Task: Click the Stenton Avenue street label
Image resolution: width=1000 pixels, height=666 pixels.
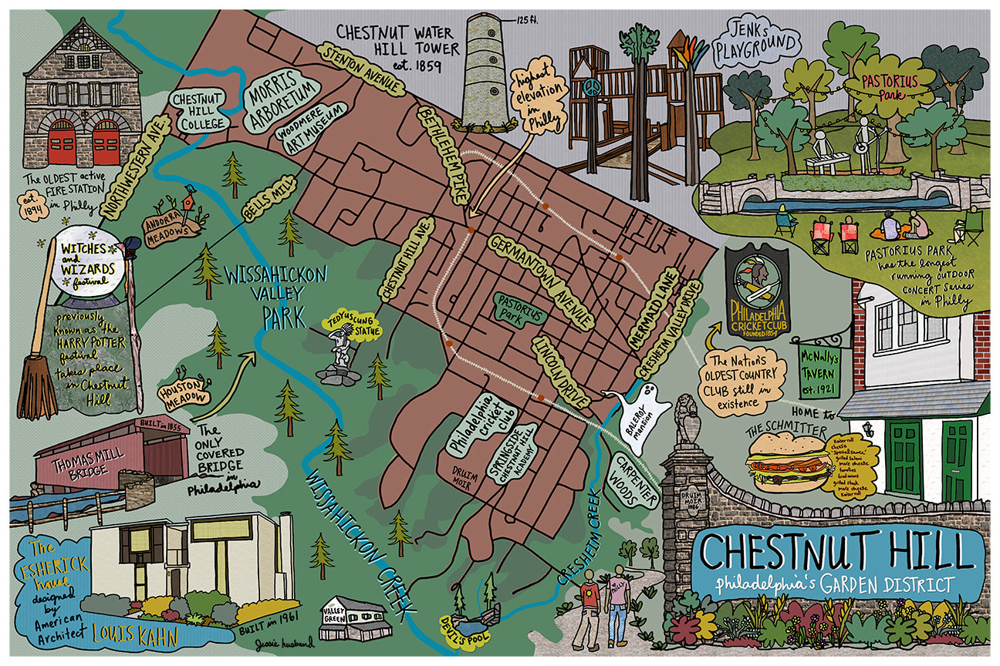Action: tap(362, 70)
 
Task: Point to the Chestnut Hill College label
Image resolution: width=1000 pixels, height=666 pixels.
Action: tap(198, 112)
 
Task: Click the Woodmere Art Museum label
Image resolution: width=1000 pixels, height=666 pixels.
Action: tap(306, 138)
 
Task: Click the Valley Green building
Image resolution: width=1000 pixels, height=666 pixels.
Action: tap(352, 617)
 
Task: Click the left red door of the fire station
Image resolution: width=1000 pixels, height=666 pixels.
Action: tap(62, 146)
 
